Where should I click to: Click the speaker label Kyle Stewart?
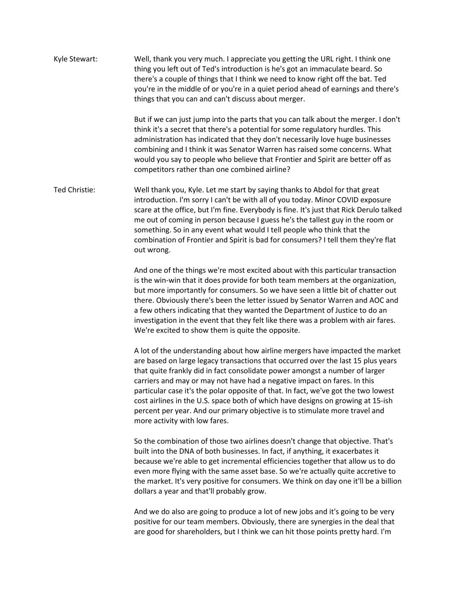pyautogui.click(x=75, y=59)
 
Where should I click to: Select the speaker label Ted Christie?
pyautogui.click(x=74, y=190)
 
